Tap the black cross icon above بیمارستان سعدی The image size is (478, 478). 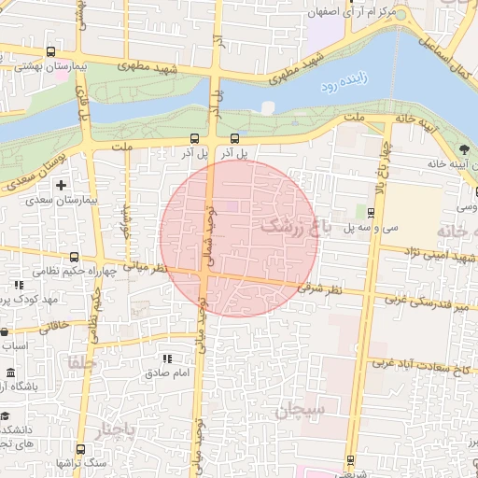click(62, 186)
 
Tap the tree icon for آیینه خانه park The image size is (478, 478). click(464, 149)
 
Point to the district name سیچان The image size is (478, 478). click(300, 409)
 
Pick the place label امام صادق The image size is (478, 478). click(168, 373)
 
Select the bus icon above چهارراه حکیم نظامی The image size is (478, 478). click(74, 257)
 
